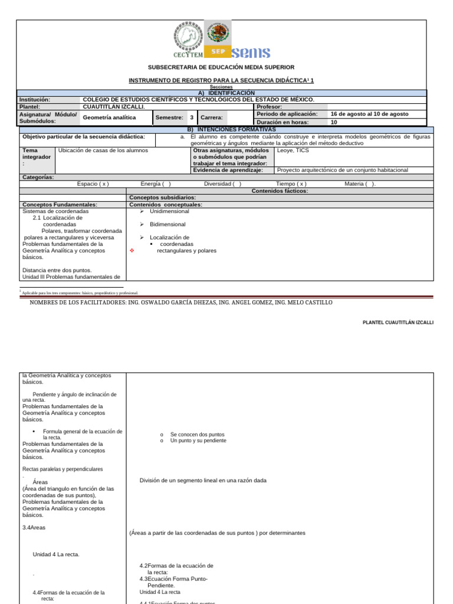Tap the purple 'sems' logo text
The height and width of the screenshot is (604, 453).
[251, 52]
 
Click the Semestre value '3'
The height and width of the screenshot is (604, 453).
[192, 117]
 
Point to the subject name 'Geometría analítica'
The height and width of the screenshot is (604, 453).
[109, 117]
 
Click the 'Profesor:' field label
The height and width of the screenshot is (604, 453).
[270, 107]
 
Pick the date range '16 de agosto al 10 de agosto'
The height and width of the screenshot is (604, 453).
[369, 114]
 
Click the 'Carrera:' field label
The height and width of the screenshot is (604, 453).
[211, 117]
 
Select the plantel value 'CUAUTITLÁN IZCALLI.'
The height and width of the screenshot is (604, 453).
[114, 107]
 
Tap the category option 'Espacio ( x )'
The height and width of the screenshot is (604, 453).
[93, 183]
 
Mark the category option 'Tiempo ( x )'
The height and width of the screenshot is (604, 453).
[291, 183]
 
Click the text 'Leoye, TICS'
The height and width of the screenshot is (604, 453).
[293, 150]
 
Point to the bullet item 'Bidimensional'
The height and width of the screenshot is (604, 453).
[168, 224]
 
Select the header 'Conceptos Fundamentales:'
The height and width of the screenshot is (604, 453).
[60, 204]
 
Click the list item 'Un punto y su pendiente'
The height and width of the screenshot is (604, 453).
[198, 441]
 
